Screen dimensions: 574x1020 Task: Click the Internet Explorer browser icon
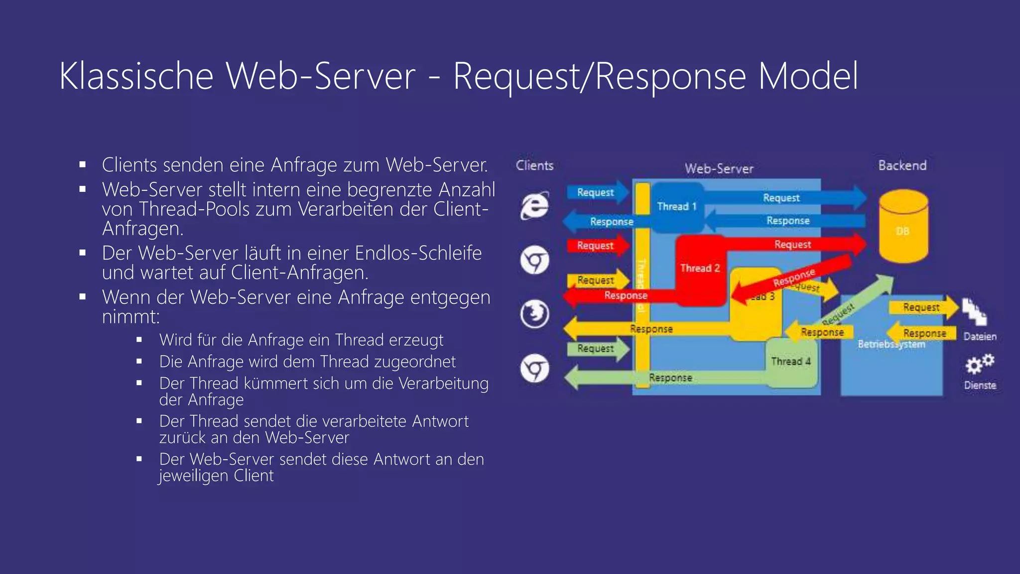click(x=535, y=205)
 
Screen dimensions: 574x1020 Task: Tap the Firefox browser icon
click(x=535, y=314)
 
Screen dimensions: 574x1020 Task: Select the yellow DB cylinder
click(x=903, y=227)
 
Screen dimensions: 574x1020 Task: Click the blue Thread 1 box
click(x=676, y=207)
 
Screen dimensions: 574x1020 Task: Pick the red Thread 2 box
click(x=700, y=269)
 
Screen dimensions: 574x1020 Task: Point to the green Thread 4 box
click(x=791, y=362)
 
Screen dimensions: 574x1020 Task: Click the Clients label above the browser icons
click(x=534, y=165)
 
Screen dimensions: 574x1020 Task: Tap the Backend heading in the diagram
click(x=902, y=165)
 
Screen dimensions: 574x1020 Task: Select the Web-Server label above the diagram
click(x=719, y=169)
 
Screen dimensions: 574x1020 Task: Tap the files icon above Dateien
click(x=974, y=312)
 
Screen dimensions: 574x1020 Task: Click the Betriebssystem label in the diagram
click(x=891, y=344)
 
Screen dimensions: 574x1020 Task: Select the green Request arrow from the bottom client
click(x=597, y=349)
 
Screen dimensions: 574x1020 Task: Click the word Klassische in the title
click(x=136, y=76)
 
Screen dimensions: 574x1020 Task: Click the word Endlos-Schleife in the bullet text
click(x=418, y=253)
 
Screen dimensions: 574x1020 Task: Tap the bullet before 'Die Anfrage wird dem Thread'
click(x=139, y=361)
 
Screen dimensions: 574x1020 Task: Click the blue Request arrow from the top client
click(x=597, y=192)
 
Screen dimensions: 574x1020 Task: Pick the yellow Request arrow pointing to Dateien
click(x=922, y=307)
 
